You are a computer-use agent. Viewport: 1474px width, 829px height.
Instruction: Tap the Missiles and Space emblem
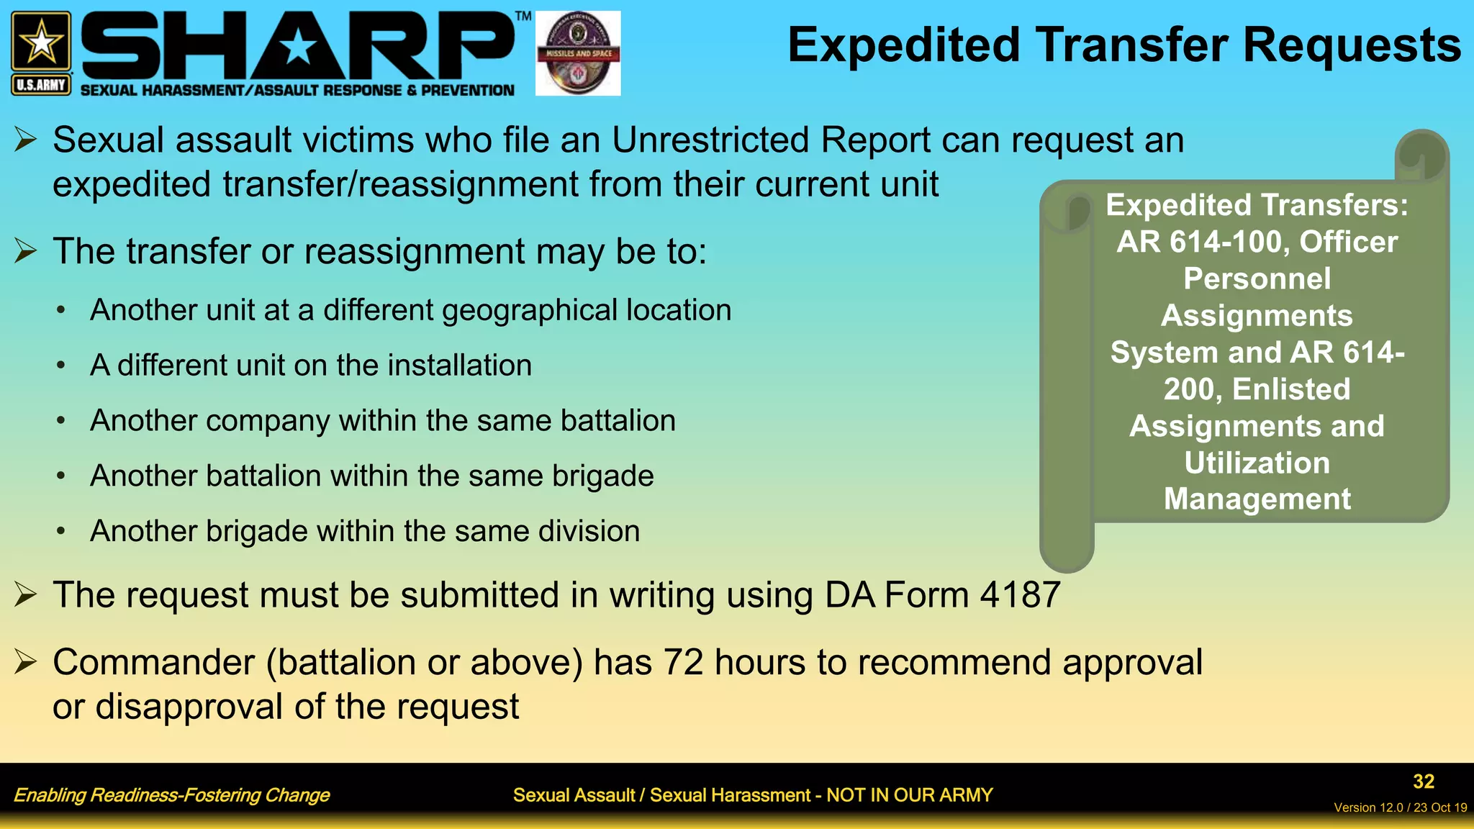[x=578, y=53]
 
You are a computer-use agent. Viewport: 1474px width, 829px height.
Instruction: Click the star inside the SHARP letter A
[x=298, y=48]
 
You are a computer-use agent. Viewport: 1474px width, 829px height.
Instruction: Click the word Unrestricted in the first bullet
[x=710, y=140]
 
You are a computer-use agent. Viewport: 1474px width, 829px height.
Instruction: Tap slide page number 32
[x=1423, y=782]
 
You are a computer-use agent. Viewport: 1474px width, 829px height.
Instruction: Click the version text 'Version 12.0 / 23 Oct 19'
[x=1400, y=807]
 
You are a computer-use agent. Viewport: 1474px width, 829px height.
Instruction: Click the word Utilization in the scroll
[x=1257, y=463]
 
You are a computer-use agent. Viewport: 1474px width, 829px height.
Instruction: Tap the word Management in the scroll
[x=1257, y=499]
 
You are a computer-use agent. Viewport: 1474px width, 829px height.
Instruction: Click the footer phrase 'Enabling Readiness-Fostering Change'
[x=171, y=795]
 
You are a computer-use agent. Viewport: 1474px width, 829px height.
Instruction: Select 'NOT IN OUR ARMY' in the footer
[x=909, y=795]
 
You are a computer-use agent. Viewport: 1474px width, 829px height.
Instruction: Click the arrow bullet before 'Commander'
[x=25, y=661]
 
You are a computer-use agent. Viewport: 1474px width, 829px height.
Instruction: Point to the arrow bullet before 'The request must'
[x=25, y=594]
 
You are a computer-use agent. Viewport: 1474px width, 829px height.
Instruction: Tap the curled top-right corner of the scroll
[x=1421, y=155]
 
